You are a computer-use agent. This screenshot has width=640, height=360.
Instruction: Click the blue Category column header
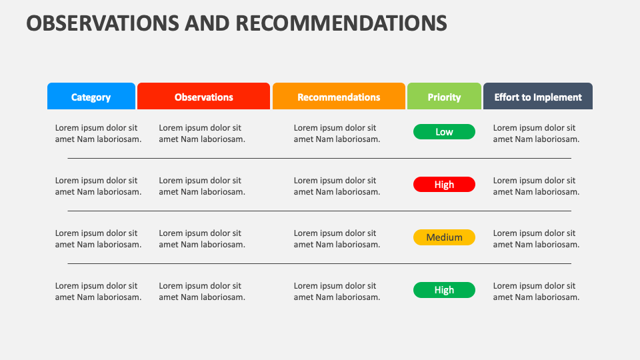(x=91, y=96)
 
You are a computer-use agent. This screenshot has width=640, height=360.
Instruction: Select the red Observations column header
(x=204, y=96)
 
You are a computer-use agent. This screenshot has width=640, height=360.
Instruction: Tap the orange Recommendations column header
(x=339, y=96)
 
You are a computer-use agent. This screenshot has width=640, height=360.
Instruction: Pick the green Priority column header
(x=444, y=96)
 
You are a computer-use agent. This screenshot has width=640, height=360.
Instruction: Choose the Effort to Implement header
(x=538, y=96)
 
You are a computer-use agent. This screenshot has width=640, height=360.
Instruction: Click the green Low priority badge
(x=444, y=132)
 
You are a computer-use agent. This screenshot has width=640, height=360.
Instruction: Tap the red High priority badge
(x=444, y=185)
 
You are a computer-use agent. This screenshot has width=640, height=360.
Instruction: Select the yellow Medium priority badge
(x=444, y=237)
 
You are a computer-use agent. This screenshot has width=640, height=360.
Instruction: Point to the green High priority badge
(x=444, y=290)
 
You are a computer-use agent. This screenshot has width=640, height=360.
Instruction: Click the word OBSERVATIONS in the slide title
(x=103, y=23)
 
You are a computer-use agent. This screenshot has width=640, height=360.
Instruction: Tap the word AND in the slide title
(x=207, y=23)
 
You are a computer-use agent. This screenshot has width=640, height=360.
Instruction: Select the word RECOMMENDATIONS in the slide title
(x=341, y=23)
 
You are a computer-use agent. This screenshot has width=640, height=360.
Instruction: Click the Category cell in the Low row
(x=99, y=133)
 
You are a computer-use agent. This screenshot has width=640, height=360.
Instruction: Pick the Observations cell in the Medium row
(x=202, y=239)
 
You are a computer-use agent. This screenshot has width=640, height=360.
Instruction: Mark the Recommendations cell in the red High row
(x=337, y=186)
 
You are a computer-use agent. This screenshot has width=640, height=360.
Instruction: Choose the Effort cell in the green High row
(x=536, y=291)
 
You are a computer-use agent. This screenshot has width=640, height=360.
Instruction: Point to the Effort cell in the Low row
(x=536, y=133)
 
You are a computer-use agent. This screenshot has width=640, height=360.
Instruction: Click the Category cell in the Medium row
(x=99, y=239)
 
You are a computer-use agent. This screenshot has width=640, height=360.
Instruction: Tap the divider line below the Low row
(x=319, y=158)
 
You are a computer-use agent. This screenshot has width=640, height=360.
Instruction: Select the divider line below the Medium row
(x=319, y=263)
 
